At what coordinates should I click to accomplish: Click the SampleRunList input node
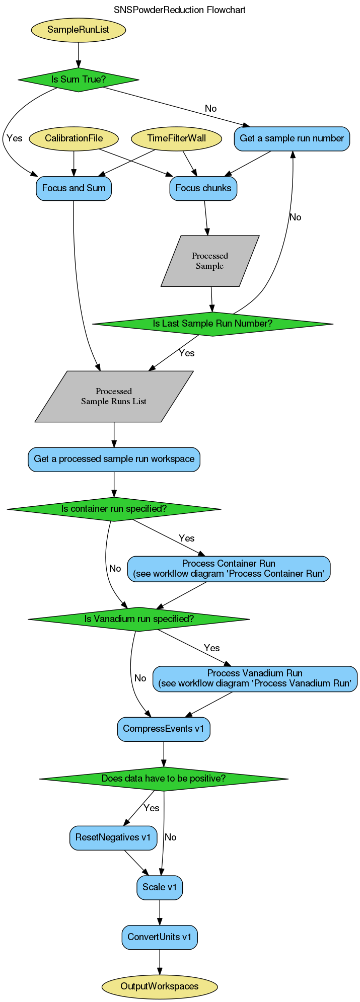[78, 30]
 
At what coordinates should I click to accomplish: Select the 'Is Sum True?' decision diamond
[78, 80]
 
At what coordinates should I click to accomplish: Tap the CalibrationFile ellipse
[74, 138]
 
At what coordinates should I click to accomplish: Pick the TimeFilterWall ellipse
[176, 138]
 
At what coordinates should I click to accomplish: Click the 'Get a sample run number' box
[292, 138]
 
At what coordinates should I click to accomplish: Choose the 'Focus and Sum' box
[74, 189]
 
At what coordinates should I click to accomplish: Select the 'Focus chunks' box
[203, 189]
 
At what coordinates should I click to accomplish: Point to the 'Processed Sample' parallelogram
[210, 261]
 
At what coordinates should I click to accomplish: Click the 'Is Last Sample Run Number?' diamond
[212, 324]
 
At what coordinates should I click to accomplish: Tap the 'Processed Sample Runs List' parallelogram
[114, 397]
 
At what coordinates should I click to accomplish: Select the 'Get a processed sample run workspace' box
[114, 459]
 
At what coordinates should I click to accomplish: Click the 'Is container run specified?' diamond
[114, 509]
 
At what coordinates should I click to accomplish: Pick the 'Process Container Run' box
[229, 569]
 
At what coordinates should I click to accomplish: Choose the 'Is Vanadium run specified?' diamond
[139, 619]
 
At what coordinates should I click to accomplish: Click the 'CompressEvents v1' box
[164, 729]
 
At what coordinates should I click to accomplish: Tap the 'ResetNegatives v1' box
[113, 837]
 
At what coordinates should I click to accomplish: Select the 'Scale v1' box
[160, 887]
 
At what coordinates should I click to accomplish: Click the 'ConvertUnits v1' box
[160, 937]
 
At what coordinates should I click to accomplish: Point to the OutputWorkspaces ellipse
[160, 986]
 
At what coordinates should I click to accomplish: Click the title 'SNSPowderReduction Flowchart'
[180, 10]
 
